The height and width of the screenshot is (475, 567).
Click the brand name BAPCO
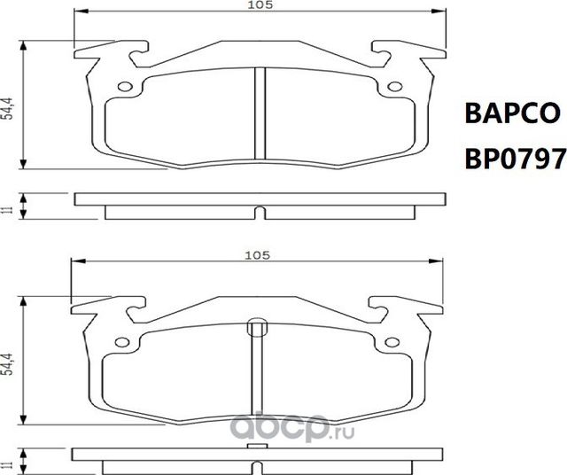(513, 115)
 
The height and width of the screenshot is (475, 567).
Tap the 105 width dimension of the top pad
(258, 6)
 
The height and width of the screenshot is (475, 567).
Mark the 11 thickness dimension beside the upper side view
(6, 209)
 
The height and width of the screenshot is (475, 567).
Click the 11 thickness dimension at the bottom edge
(6, 463)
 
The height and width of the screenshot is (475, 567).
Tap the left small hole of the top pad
(125, 87)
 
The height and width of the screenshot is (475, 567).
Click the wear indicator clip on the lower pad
(257, 328)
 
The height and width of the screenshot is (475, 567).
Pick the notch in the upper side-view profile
(258, 213)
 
